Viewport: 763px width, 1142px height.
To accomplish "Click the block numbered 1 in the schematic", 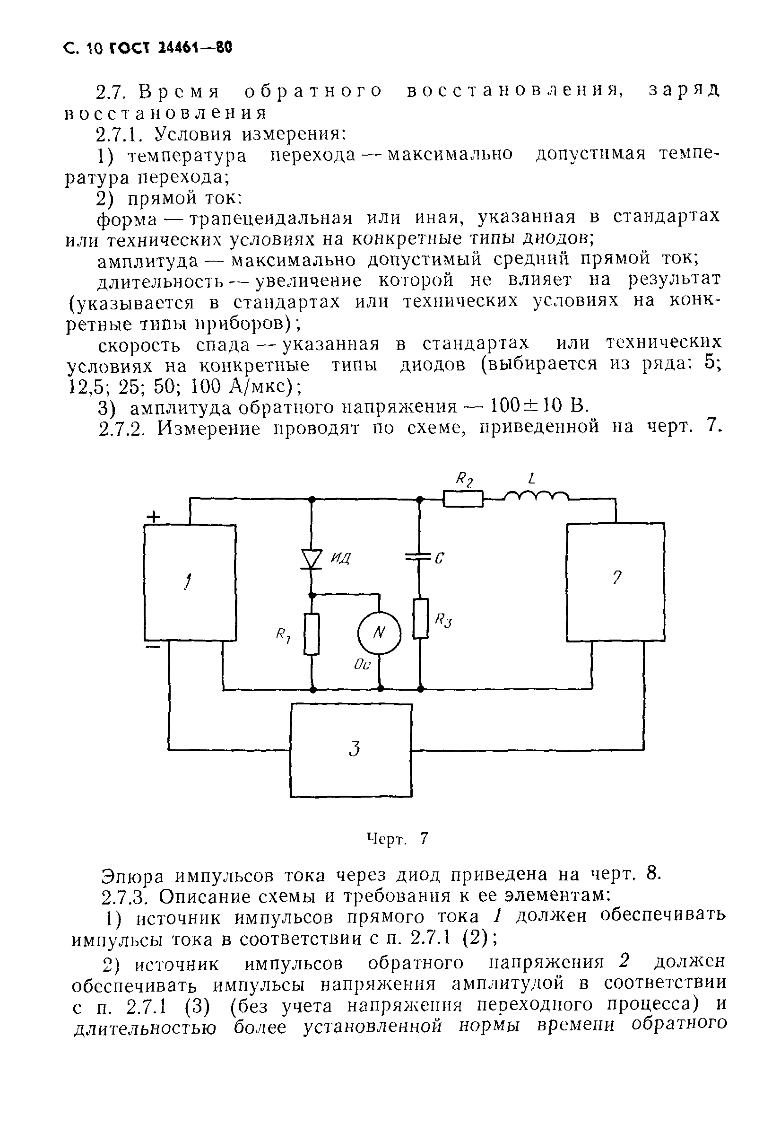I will (190, 582).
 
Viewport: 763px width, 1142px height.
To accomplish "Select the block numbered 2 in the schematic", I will (616, 582).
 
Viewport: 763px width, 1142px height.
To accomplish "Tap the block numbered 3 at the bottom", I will (351, 750).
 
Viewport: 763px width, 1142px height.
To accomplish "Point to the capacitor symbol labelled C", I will (419, 557).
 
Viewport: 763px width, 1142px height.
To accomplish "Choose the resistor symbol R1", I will (312, 633).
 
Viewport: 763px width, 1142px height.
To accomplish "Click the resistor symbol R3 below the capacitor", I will (420, 618).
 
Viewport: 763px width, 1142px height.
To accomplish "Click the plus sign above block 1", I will (154, 517).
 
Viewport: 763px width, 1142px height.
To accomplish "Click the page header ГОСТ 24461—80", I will (170, 48).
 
